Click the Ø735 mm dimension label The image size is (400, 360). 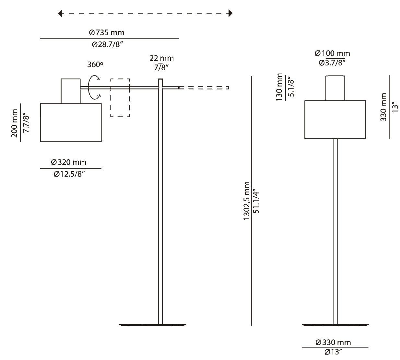pos(106,33)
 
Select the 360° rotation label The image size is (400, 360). pos(95,64)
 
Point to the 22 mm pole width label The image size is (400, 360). pos(161,58)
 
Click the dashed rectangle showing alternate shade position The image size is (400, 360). pos(120,98)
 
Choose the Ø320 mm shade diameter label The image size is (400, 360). pos(69,162)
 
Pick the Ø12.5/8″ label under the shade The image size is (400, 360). pos(70,174)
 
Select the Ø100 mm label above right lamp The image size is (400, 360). pos(333,53)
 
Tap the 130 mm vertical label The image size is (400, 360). pos(279,87)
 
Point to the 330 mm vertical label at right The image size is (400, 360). pos(384,107)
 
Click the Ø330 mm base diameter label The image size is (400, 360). pos(333,342)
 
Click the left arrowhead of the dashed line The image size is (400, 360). pos(60,13)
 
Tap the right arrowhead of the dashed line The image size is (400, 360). pos(230,13)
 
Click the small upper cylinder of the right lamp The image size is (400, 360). pos(335,88)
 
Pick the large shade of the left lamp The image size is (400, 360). pos(71,122)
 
